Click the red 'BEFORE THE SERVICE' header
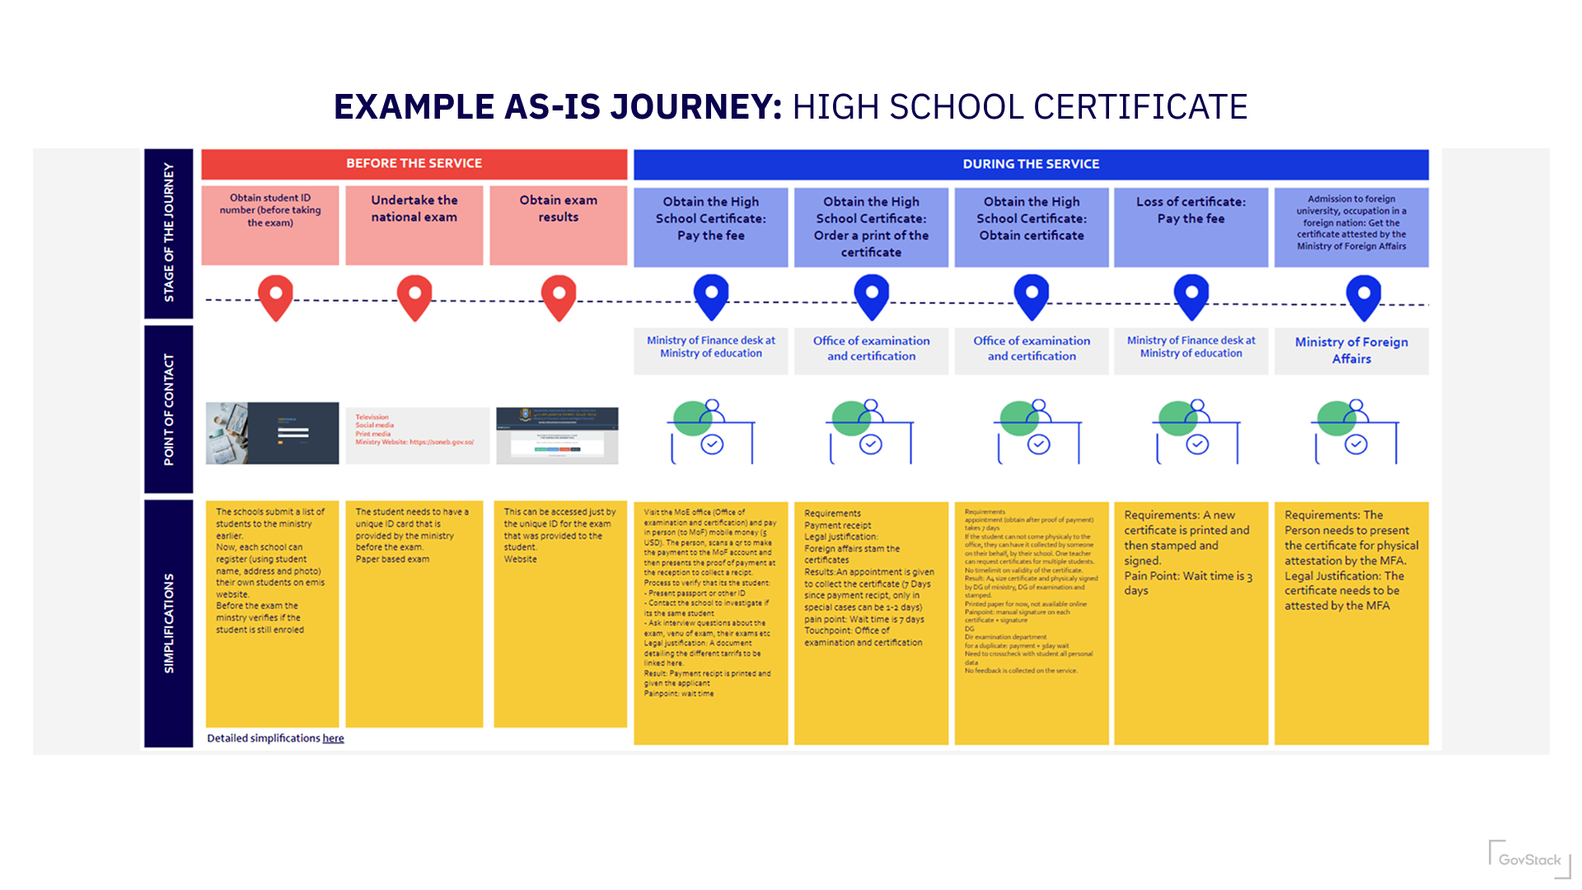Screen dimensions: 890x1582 pos(414,163)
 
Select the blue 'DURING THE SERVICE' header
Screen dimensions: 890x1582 pos(1030,164)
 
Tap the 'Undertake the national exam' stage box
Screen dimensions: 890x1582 pos(414,224)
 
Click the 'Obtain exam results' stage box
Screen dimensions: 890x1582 pos(558,224)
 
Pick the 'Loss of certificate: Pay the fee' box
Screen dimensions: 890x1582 pos(1191,227)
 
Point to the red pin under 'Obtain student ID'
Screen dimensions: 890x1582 pos(275,297)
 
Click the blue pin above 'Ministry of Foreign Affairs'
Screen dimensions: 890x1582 pos(1363,297)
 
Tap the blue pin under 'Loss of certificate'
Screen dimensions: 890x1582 pos(1191,297)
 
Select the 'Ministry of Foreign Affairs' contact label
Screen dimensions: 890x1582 pos(1351,350)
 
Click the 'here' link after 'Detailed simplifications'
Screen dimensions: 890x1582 pos(333,738)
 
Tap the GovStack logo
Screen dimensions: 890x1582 pos(1529,860)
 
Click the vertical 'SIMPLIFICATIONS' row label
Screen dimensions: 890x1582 pos(169,623)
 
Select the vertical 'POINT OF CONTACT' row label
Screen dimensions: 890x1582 pos(169,410)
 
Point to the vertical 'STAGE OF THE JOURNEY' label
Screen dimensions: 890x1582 pos(169,232)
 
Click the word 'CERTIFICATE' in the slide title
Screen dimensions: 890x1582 pos(1140,107)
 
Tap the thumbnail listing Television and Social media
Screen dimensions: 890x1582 pos(417,434)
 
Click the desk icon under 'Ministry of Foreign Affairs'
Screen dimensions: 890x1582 pos(1355,433)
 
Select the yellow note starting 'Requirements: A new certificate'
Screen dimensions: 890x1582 pos(1191,623)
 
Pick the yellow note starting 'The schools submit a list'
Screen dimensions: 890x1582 pos(272,614)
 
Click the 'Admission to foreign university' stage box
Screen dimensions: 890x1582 pos(1351,227)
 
